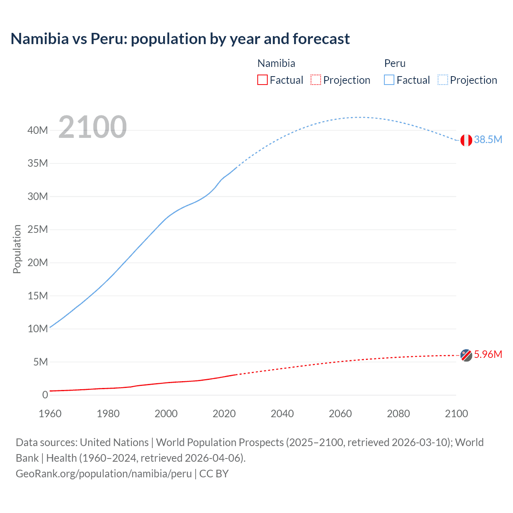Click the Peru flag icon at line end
[x=466, y=140]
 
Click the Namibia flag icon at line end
[x=466, y=355]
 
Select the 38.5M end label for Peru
[x=488, y=139]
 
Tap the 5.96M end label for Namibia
[x=488, y=354]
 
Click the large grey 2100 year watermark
[x=93, y=127]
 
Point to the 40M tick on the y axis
[x=38, y=130]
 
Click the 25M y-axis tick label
[x=38, y=230]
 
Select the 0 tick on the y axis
[x=45, y=395]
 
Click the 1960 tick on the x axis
[x=50, y=414]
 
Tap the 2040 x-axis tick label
[x=282, y=414]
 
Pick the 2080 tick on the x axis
[x=398, y=414]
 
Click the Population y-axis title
[x=17, y=249]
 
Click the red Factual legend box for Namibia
[x=263, y=80]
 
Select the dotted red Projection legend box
[x=316, y=80]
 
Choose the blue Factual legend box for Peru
[x=389, y=80]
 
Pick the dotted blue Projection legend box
[x=443, y=80]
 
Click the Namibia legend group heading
[x=276, y=63]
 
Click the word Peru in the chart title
[x=109, y=39]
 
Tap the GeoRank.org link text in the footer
[x=104, y=473]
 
